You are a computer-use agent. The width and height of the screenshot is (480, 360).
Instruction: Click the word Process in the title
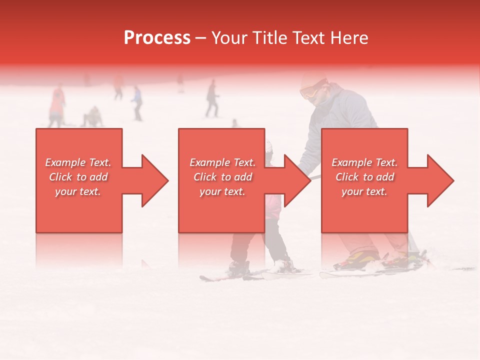[x=157, y=38]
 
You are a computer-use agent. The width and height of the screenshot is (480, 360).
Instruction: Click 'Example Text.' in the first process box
[x=78, y=162]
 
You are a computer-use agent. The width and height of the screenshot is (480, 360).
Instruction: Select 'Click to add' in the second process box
[x=222, y=177]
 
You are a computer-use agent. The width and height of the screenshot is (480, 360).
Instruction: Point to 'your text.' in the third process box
[x=364, y=191]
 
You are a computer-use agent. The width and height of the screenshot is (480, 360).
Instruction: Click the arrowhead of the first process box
[x=149, y=180]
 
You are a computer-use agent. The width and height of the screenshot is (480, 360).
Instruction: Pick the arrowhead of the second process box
[x=292, y=180]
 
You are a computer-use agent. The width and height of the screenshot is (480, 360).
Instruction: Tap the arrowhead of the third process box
[x=435, y=180]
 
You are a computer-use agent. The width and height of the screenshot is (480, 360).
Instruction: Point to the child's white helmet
[x=269, y=146]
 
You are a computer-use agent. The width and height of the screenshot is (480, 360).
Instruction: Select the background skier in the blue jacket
[x=136, y=101]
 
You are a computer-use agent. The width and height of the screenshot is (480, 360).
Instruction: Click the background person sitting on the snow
[x=92, y=117]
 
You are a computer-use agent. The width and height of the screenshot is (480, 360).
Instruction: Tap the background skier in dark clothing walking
[x=212, y=98]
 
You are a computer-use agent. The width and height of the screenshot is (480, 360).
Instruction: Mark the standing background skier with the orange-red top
[x=57, y=105]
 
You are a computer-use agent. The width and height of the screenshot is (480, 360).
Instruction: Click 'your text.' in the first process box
[x=78, y=191]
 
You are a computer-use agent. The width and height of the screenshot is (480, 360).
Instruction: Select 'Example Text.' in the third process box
[x=364, y=162]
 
